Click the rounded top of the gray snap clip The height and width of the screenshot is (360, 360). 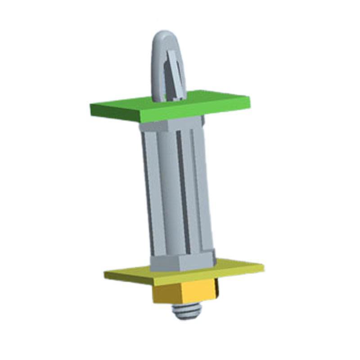coord(165,36)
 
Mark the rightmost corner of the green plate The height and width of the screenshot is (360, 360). coord(250,102)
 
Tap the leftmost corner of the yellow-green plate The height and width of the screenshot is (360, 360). coord(105,274)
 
